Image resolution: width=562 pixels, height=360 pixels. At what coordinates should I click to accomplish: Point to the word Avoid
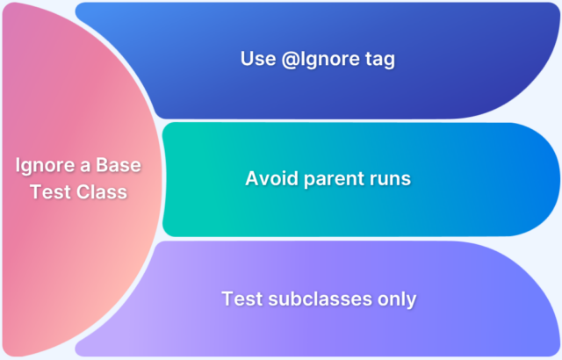269,178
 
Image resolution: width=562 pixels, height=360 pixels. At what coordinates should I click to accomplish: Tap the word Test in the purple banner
241,299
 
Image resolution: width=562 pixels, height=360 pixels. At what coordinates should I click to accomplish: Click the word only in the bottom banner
397,299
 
